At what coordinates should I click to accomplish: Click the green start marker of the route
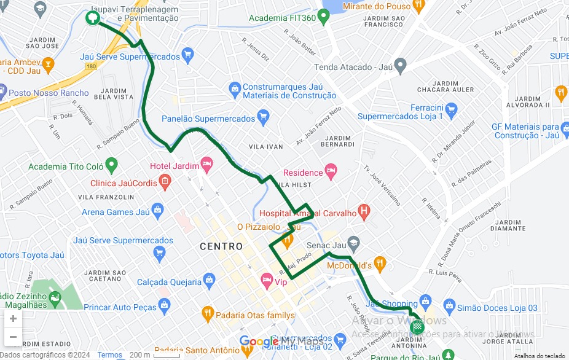(92, 18)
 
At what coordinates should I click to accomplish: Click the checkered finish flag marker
(418, 327)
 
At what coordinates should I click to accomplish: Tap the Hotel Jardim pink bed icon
(206, 163)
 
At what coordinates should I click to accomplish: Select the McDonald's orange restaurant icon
(380, 265)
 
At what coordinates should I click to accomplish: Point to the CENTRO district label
(221, 246)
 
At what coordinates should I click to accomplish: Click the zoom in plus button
(13, 318)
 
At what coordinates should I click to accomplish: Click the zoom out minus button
(13, 337)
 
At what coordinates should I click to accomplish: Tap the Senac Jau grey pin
(353, 243)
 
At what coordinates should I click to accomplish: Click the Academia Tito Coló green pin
(111, 165)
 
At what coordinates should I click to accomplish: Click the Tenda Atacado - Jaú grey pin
(401, 65)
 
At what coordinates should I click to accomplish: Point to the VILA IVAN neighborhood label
(265, 147)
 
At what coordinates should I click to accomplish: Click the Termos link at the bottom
(109, 355)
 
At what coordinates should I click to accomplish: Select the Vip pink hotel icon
(267, 281)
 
